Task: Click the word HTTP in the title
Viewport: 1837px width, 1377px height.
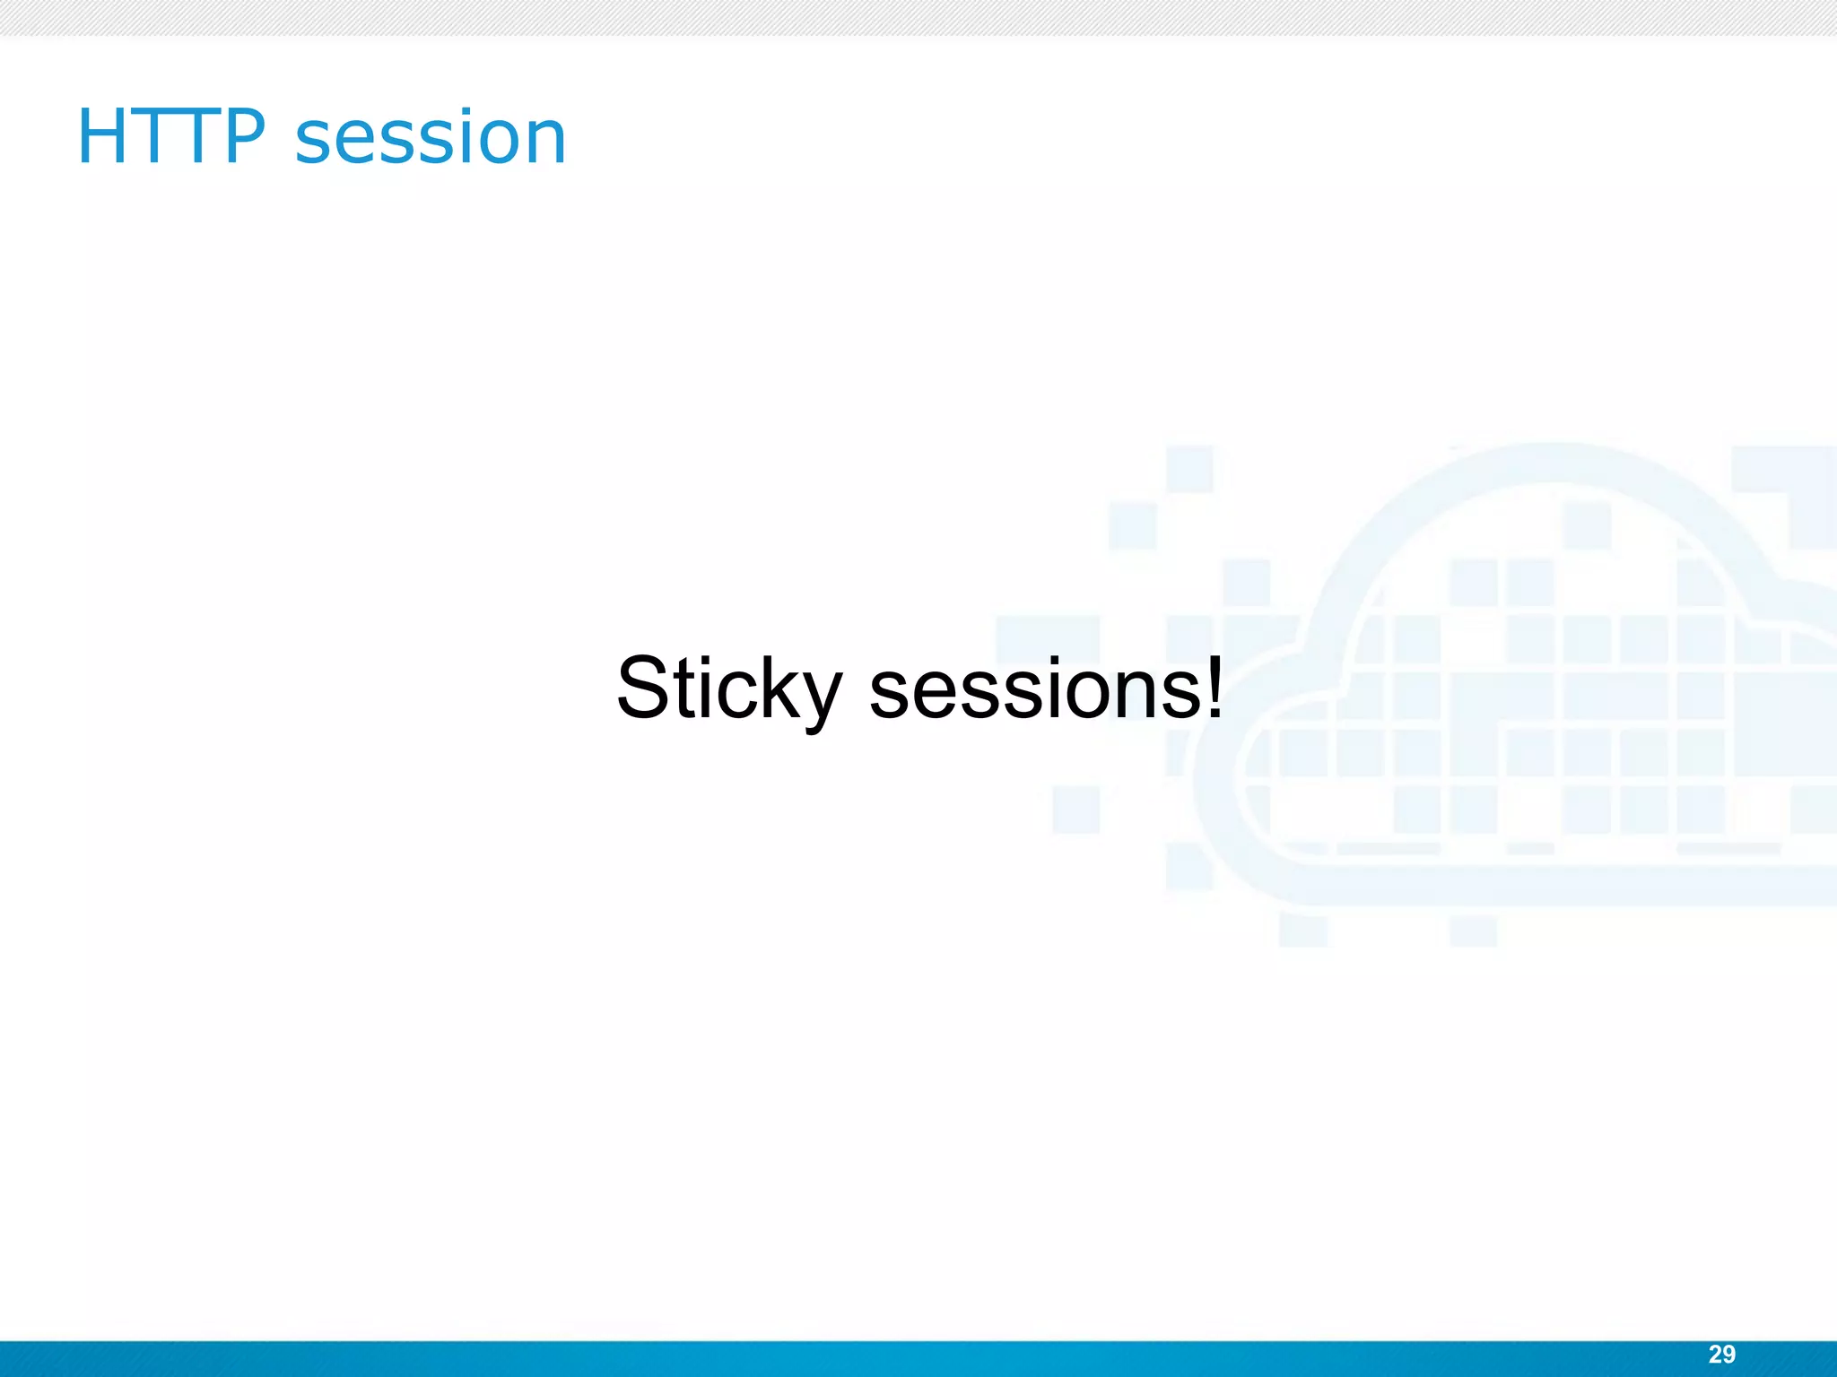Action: (171, 136)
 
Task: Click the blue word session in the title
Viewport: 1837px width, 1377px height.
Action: (431, 138)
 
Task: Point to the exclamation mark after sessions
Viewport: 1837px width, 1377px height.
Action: (1214, 687)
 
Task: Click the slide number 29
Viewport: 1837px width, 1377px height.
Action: (1721, 1355)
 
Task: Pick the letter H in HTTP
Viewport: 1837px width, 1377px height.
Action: (103, 136)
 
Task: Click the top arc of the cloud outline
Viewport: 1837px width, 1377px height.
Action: (1556, 461)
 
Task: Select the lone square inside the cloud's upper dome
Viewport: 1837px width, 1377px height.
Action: (1587, 525)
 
